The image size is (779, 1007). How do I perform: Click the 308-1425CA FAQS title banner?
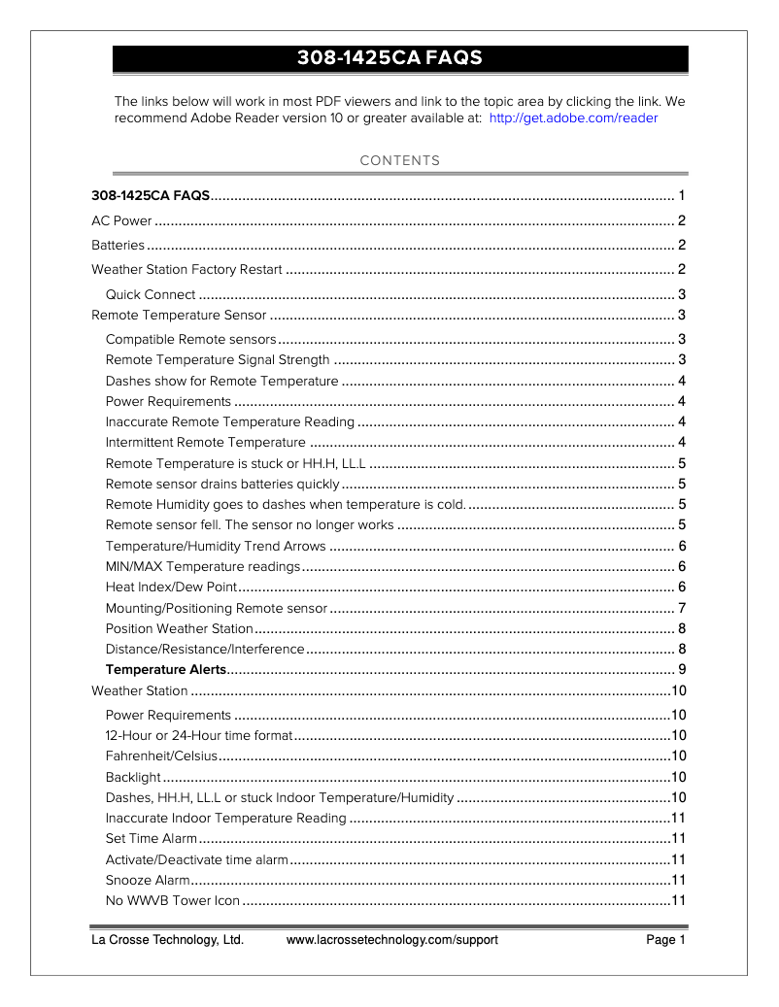click(400, 59)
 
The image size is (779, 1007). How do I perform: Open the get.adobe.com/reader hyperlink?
click(573, 118)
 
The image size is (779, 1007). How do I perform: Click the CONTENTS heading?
click(400, 161)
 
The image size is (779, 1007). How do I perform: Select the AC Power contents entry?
click(121, 220)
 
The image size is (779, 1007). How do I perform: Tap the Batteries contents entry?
click(118, 245)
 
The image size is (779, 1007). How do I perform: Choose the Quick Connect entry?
click(151, 294)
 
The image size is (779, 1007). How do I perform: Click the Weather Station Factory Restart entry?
click(186, 269)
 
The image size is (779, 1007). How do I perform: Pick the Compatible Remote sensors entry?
click(191, 339)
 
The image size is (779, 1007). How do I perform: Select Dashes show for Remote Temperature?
click(221, 381)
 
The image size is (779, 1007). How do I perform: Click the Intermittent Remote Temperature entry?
click(205, 443)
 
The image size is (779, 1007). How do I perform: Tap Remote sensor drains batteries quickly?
click(222, 484)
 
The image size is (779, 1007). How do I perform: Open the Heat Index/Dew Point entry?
click(171, 587)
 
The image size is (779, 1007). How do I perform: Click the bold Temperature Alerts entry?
click(165, 669)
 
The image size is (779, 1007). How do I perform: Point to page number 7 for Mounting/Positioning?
click(682, 608)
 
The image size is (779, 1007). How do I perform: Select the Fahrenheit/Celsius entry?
click(160, 755)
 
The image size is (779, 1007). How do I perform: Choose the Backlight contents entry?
click(133, 777)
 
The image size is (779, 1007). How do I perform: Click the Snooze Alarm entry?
click(147, 880)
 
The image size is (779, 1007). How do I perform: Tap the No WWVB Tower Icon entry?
click(172, 900)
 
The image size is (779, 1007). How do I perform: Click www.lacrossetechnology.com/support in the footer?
click(392, 940)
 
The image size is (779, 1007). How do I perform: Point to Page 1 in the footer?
click(666, 940)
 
